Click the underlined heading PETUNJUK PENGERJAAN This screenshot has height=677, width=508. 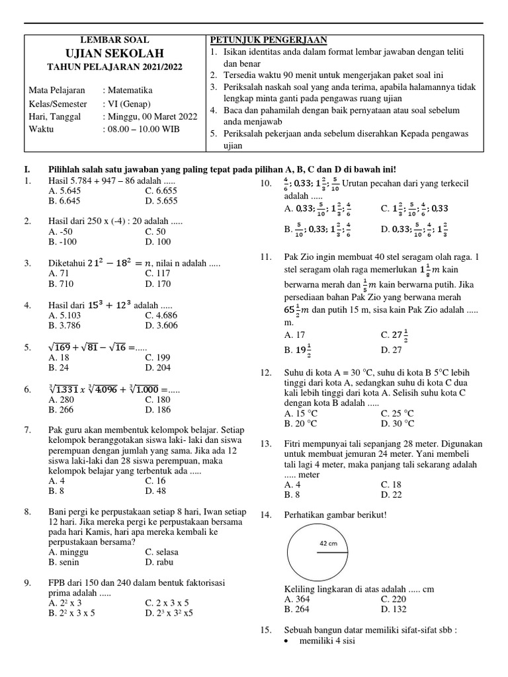pos(268,40)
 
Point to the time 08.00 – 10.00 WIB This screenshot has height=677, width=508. pos(142,129)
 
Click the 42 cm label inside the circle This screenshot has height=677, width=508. pos(329,543)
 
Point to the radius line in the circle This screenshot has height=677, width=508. pos(331,553)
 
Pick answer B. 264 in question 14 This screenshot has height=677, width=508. pos(296,609)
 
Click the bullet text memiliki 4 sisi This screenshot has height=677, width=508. pos(327,641)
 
